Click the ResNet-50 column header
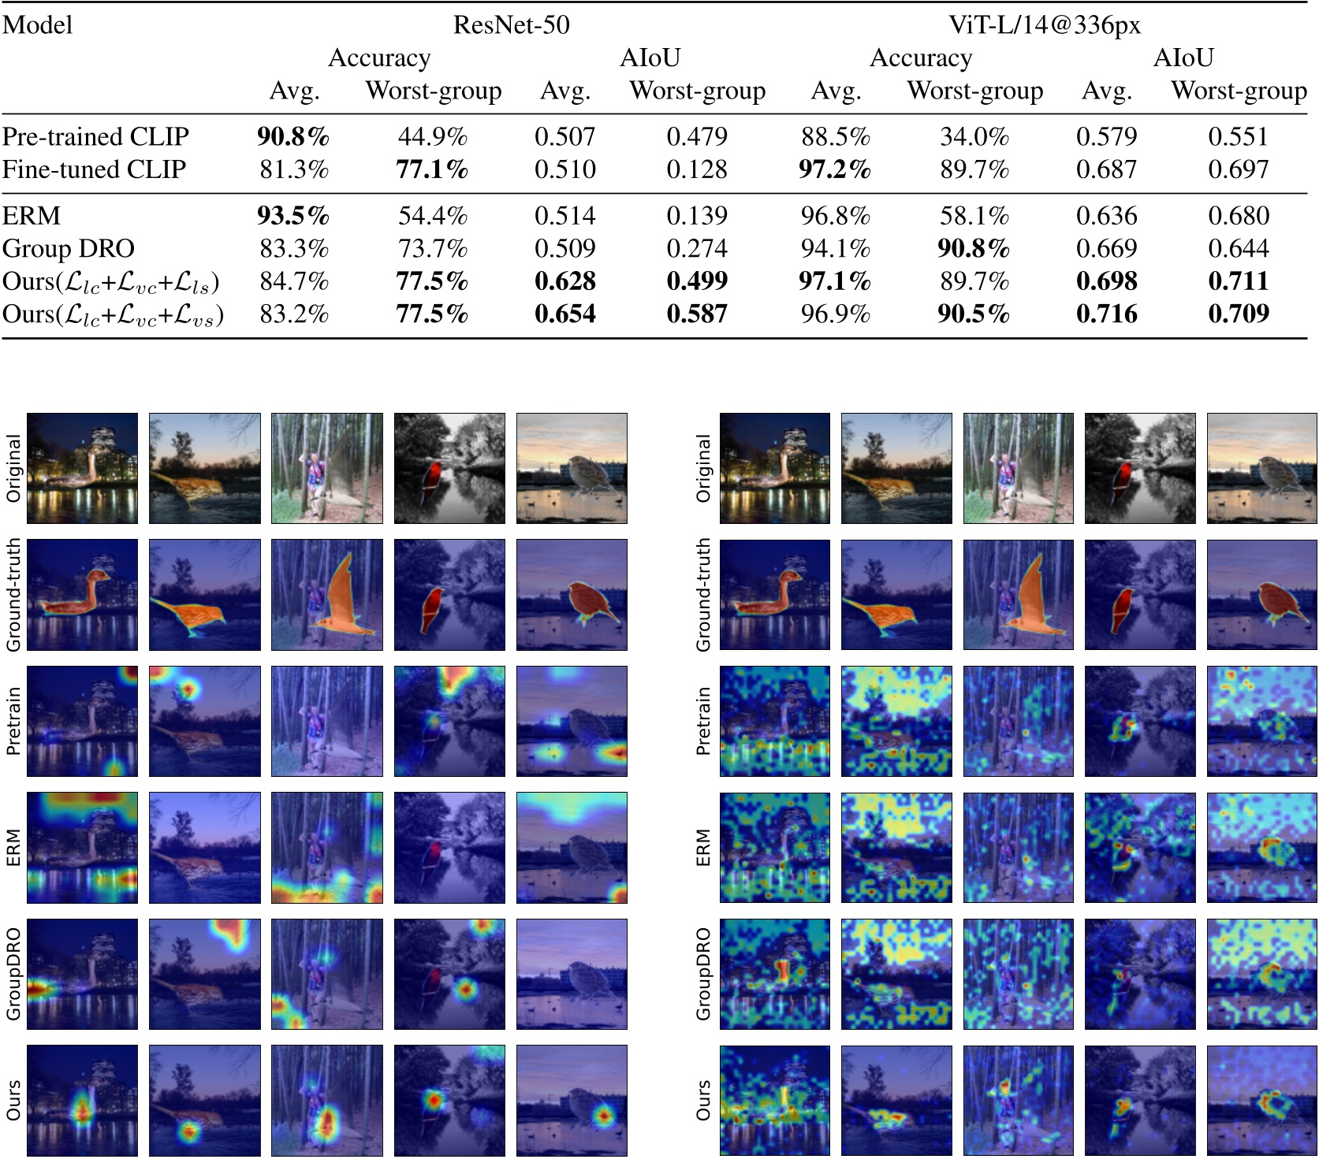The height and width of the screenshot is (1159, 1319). pyautogui.click(x=511, y=25)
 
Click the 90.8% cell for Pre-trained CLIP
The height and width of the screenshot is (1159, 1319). pyautogui.click(x=292, y=137)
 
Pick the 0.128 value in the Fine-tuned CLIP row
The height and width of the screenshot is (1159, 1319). pyautogui.click(x=697, y=169)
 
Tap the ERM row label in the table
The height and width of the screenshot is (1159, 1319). pyautogui.click(x=32, y=216)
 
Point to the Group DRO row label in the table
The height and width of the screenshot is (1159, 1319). pyautogui.click(x=69, y=249)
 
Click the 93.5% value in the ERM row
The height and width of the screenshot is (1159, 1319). pyautogui.click(x=292, y=216)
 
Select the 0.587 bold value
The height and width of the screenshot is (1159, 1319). pyautogui.click(x=697, y=314)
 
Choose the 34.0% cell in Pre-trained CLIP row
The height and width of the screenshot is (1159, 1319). pyautogui.click(x=974, y=137)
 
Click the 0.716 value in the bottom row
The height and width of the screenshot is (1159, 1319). pyautogui.click(x=1107, y=314)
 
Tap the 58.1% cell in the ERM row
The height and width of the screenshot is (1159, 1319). pyautogui.click(x=974, y=216)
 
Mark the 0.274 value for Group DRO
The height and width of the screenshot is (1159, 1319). pyautogui.click(x=697, y=249)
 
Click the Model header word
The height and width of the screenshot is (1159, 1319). pyautogui.click(x=37, y=25)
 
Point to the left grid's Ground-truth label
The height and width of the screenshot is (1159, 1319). pyautogui.click(x=13, y=595)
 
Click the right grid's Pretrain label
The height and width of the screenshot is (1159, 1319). pyautogui.click(x=703, y=721)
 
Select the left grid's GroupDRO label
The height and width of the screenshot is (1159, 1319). pyautogui.click(x=13, y=974)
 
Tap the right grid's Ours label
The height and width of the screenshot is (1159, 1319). pyautogui.click(x=703, y=1100)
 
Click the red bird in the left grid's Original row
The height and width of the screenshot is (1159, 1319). pyautogui.click(x=431, y=478)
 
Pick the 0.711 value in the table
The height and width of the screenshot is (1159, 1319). pyautogui.click(x=1239, y=281)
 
